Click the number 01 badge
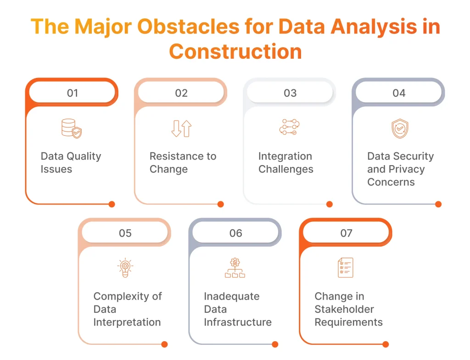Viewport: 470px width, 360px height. tap(72, 93)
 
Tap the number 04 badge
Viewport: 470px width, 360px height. tap(399, 93)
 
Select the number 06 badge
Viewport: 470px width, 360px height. tap(235, 233)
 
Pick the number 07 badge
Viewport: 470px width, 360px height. tap(346, 233)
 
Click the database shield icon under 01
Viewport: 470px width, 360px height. tap(72, 128)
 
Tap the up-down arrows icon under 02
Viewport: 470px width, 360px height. tap(181, 128)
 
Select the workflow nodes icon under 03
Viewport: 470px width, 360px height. tap(290, 127)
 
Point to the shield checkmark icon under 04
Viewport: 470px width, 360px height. tap(399, 128)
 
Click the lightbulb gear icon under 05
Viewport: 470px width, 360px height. tap(125, 268)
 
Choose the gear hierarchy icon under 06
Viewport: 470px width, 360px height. tap(235, 268)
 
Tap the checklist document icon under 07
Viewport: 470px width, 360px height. tap(345, 267)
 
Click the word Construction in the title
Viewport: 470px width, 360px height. tap(235, 51)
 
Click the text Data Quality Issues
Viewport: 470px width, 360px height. tap(71, 162)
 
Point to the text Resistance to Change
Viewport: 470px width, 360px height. tap(183, 162)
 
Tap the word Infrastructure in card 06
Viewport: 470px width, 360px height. tap(237, 322)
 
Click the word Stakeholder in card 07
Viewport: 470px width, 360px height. tap(344, 309)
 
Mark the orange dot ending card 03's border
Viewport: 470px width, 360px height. tap(329, 205)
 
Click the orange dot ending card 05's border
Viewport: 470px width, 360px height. tap(164, 344)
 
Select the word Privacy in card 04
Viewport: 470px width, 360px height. tap(406, 169)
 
